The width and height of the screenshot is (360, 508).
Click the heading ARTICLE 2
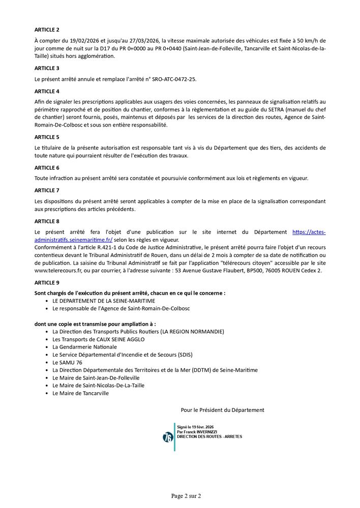point(47,29)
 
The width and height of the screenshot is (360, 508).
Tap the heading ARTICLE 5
point(47,137)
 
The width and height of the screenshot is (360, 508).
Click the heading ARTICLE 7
point(47,190)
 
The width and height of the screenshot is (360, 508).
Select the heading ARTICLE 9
point(47,282)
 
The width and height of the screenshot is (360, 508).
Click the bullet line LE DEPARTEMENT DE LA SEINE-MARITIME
point(97,301)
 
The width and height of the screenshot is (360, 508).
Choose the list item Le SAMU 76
point(67,362)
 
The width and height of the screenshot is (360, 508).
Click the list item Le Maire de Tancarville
point(80,393)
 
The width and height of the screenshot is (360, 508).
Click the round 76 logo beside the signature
point(168,437)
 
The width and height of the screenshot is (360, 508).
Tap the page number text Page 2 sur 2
point(186,495)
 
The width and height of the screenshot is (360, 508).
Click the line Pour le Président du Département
point(222,410)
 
